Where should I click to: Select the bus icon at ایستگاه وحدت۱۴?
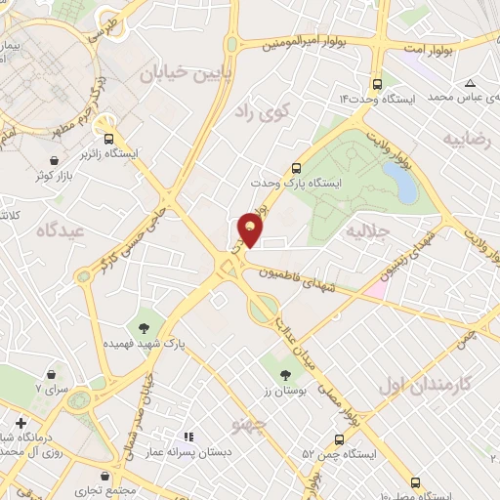(377, 84)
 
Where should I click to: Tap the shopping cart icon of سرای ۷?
(50, 373)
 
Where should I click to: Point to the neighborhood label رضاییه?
(468, 139)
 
